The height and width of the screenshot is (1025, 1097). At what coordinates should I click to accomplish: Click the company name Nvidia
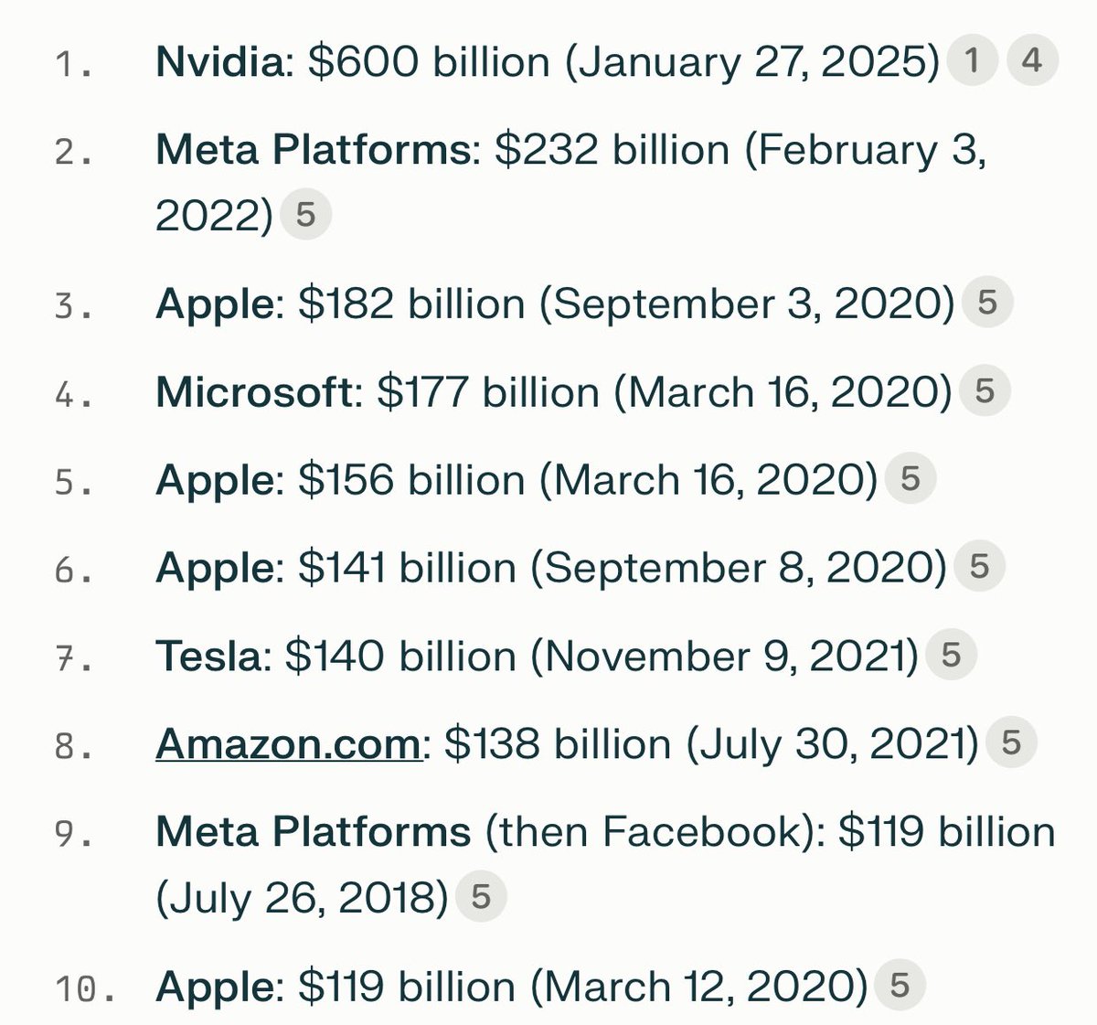219,62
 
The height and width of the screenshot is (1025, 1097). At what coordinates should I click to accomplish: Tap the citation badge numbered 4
1031,61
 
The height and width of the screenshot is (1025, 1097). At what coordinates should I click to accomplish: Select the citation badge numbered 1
972,61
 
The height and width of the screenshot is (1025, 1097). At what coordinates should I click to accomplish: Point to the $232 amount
547,150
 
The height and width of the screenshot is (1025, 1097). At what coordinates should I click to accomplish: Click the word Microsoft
254,392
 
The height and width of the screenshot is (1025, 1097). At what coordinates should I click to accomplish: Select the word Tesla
208,657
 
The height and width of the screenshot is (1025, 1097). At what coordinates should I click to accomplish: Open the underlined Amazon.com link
287,744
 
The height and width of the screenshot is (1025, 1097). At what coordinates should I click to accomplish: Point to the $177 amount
423,392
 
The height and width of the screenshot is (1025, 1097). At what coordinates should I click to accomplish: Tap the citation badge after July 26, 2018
480,897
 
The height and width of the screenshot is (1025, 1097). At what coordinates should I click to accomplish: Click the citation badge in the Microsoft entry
984,391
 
